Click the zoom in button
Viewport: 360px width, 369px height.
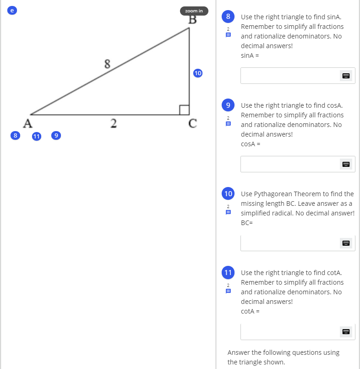[x=194, y=11]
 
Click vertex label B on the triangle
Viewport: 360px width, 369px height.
[x=192, y=20]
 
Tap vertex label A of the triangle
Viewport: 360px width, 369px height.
[x=28, y=123]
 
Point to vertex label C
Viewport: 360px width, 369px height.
[x=193, y=123]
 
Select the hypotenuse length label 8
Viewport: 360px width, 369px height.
[x=108, y=64]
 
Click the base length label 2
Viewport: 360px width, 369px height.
[x=113, y=122]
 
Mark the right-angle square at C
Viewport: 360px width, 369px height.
[x=184, y=110]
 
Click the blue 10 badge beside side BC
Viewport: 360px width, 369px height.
[x=198, y=73]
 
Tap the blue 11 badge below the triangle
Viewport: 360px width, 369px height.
[x=37, y=136]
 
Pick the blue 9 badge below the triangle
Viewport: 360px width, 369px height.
[x=56, y=135]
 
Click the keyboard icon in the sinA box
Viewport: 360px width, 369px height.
[x=346, y=76]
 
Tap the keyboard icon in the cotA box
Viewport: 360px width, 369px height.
[x=346, y=331]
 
